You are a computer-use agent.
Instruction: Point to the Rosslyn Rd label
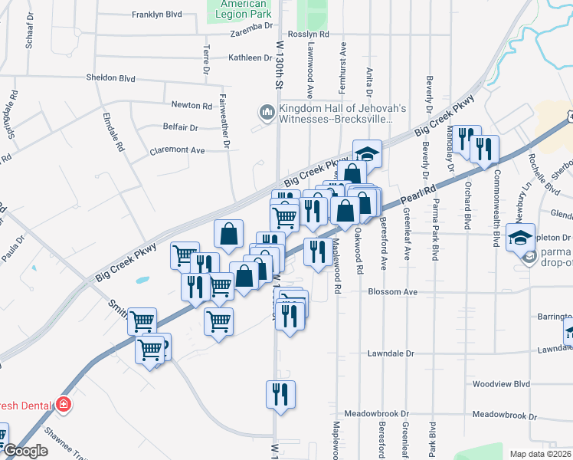pos(313,34)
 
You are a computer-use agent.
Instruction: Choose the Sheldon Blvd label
pos(111,78)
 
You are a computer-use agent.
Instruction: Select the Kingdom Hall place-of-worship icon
pos(267,113)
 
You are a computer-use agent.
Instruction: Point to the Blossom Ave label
pos(392,292)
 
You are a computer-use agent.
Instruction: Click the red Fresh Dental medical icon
pos(63,404)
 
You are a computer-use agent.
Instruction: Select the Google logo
pos(25,451)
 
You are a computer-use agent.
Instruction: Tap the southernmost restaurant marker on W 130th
pos(280,394)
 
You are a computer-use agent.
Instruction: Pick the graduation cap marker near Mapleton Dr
pos(520,238)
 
